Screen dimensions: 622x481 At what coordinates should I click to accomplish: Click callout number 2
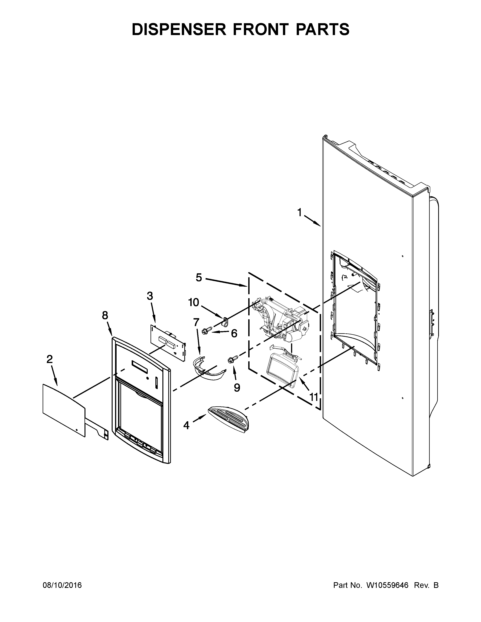[x=50, y=359]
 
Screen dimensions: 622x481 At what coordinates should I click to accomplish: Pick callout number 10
[x=194, y=303]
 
